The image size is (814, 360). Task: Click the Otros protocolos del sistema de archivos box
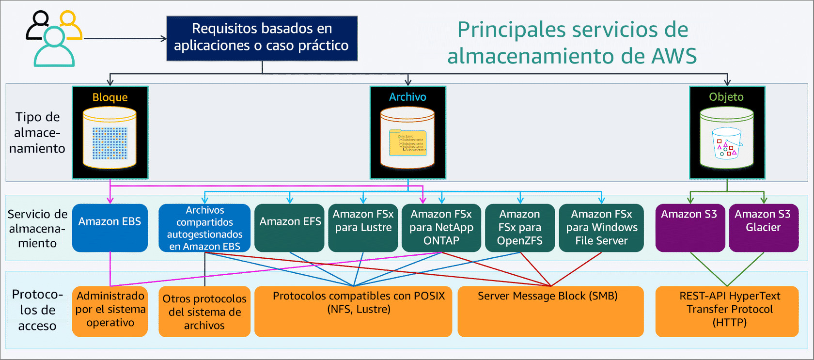click(x=204, y=312)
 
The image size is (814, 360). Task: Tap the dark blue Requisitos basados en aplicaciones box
click(x=262, y=38)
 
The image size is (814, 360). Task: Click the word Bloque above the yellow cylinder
click(x=110, y=97)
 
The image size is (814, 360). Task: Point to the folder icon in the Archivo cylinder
click(x=407, y=143)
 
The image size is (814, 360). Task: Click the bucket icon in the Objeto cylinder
click(x=726, y=143)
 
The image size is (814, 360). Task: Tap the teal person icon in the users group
click(x=54, y=48)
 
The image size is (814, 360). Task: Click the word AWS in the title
click(x=673, y=56)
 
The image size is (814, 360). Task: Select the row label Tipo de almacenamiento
click(x=37, y=133)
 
